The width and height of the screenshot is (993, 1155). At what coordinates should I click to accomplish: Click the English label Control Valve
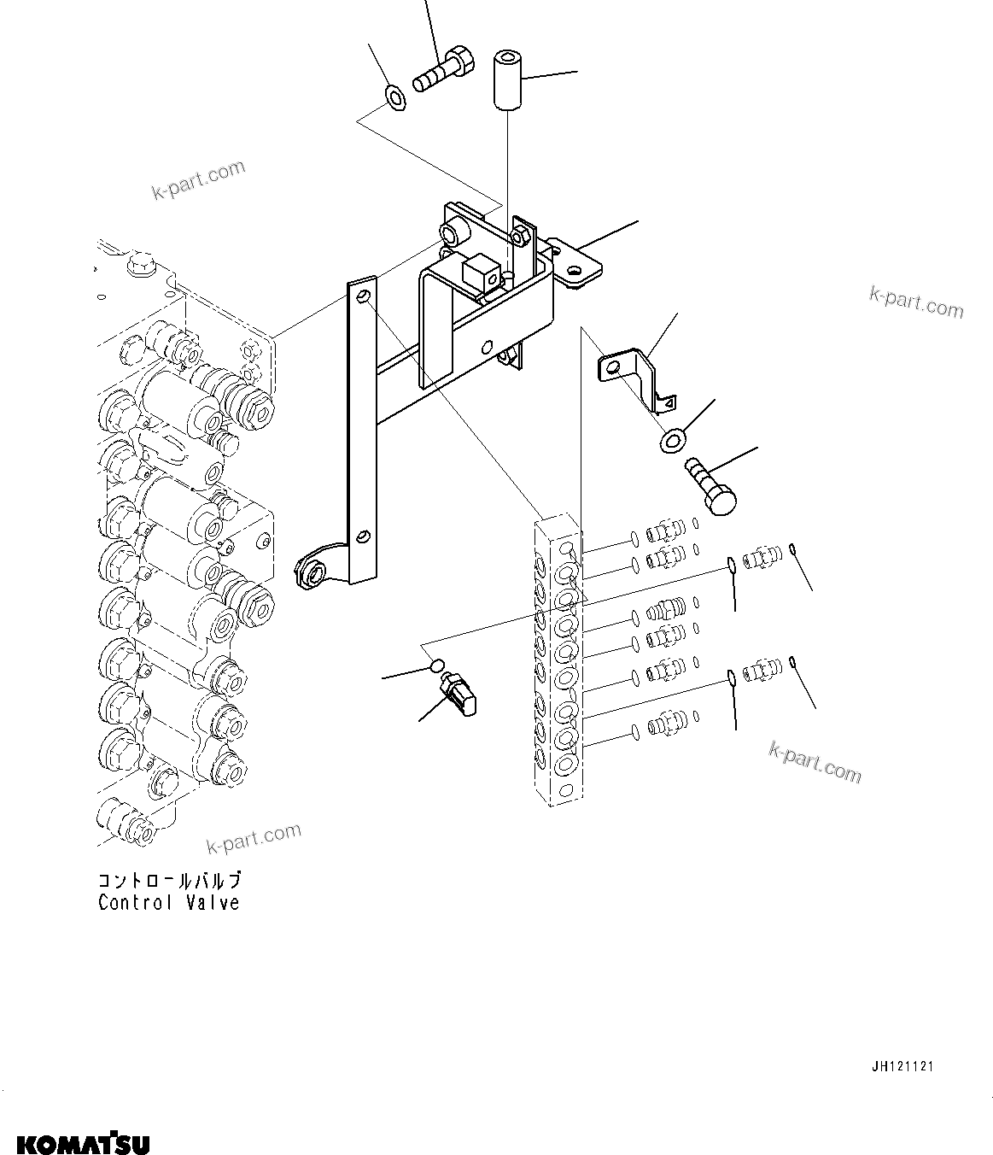pos(168,903)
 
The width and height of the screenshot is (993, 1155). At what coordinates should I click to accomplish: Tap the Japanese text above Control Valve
pos(168,881)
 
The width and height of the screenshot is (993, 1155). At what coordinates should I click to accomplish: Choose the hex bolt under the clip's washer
pos(711,484)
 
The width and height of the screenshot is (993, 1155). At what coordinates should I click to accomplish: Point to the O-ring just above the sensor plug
pos(435,665)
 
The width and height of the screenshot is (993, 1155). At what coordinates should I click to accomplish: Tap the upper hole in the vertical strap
pos(364,296)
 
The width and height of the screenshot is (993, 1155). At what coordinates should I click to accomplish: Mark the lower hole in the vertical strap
pos(363,536)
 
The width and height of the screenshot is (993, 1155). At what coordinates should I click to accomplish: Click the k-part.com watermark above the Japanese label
pos(254,838)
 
